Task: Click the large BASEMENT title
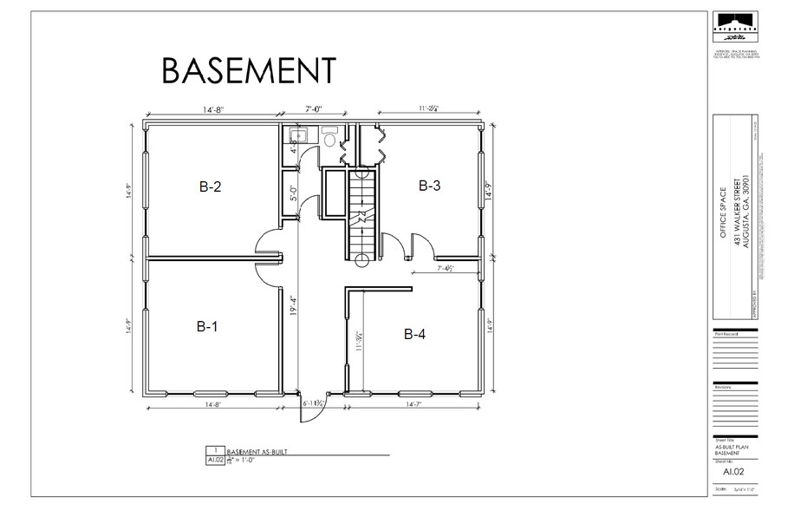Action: pyautogui.click(x=249, y=72)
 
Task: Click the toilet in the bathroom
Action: pyautogui.click(x=329, y=138)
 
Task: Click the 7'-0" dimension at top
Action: pyautogui.click(x=314, y=110)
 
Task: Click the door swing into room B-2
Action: pyautogui.click(x=264, y=247)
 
